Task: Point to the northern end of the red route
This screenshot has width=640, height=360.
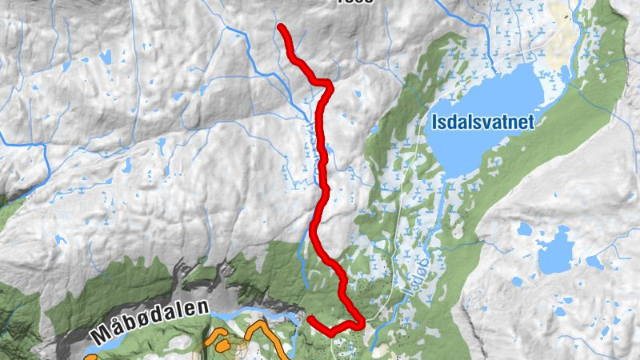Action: (282, 28)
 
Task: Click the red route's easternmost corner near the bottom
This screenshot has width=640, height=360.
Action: (362, 322)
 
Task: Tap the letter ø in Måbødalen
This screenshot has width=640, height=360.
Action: (139, 323)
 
